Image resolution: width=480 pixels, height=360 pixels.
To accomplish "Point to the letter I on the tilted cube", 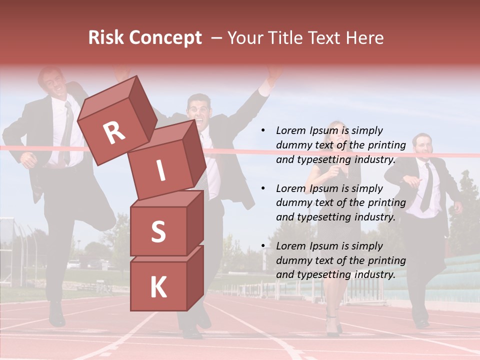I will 160,171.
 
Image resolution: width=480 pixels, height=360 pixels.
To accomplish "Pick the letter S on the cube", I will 158,231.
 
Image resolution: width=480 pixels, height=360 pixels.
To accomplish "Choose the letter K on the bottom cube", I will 158,287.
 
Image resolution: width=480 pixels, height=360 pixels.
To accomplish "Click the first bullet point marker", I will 263,131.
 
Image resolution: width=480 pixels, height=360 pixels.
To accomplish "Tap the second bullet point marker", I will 263,189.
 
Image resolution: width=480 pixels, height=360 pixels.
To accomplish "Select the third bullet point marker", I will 263,246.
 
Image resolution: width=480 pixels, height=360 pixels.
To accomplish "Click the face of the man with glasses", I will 199,109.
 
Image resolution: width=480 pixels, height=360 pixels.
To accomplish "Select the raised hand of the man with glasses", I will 273,75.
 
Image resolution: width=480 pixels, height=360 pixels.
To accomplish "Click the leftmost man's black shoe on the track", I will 56,314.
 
